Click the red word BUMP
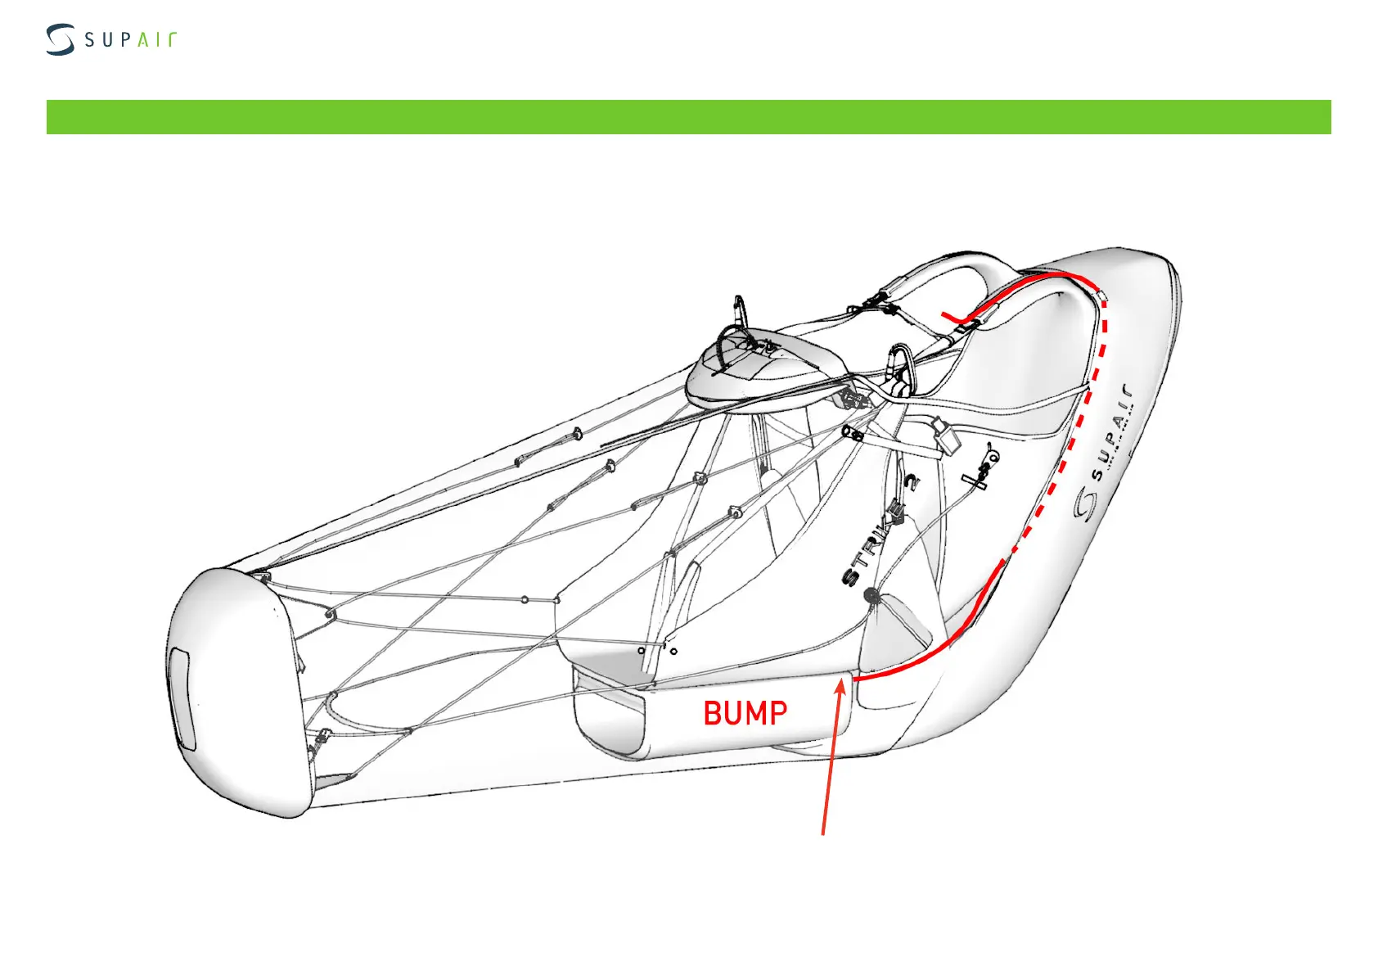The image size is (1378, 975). coord(745,713)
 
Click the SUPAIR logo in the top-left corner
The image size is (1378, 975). coord(110,40)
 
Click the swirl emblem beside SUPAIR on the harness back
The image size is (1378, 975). coord(1085,503)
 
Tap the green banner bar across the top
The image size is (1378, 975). coord(688,117)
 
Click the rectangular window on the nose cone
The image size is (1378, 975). coord(181,700)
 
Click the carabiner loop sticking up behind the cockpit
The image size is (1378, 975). coord(740,312)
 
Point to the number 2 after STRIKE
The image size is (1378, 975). coord(911,483)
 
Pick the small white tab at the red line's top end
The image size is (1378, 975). coord(1101,295)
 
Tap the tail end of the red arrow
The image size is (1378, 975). coord(822,834)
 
